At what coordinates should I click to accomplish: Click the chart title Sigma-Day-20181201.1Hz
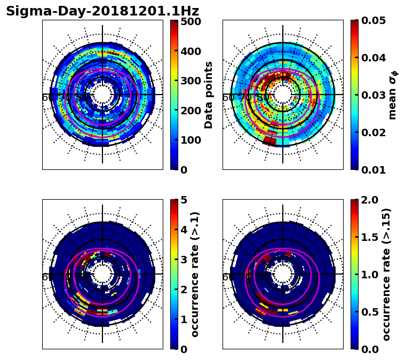pos(102,11)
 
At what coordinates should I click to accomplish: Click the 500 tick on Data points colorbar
pos(190,22)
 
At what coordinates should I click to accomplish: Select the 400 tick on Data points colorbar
pos(190,51)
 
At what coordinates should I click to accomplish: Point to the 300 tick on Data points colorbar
pos(190,81)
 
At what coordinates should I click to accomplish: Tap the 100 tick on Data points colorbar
pos(190,140)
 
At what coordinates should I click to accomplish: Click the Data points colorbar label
pos(209,95)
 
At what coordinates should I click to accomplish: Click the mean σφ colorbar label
pos(393,95)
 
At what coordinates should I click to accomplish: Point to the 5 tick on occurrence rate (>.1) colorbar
pos(184,200)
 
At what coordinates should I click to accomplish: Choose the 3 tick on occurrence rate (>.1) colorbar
pos(184,260)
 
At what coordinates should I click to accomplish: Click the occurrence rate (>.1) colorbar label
pos(195,275)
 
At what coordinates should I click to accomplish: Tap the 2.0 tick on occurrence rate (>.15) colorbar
pos(368,200)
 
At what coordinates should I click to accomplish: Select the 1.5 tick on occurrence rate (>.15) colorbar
pos(368,237)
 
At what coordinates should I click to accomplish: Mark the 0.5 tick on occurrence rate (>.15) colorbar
pos(368,311)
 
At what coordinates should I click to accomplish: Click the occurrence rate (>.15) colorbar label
pos(387,275)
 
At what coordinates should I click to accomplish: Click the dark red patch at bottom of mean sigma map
pos(270,140)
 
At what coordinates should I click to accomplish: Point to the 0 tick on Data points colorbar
pos(184,169)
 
